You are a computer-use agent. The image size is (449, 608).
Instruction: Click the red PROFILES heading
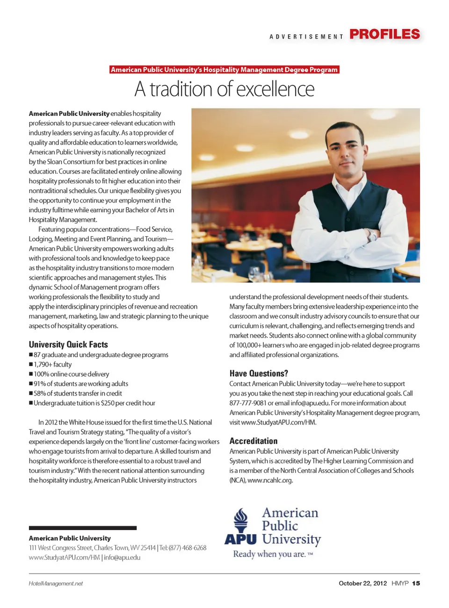[384, 34]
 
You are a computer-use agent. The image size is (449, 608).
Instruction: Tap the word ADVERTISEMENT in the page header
[306, 36]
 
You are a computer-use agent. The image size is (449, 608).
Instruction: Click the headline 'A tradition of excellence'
[224, 89]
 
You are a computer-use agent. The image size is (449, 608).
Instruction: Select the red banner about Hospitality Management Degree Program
[224, 70]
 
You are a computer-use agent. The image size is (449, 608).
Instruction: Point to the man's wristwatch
[371, 234]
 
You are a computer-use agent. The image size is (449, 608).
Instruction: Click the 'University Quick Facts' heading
[68, 344]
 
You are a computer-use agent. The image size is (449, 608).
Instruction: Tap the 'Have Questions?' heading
[259, 373]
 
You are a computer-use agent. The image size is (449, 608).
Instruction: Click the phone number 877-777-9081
[248, 403]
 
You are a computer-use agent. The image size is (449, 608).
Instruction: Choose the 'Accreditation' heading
[253, 441]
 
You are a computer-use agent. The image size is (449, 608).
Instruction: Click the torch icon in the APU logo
[241, 520]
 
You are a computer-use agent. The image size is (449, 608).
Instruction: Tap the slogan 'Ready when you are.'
[269, 554]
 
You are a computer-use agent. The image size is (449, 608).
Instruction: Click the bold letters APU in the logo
[240, 539]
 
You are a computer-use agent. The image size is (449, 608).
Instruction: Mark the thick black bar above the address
[83, 528]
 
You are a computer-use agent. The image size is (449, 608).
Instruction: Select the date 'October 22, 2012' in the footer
[362, 583]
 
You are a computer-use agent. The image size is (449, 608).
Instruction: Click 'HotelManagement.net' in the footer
[56, 584]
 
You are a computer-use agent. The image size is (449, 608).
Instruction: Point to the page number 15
[416, 583]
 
